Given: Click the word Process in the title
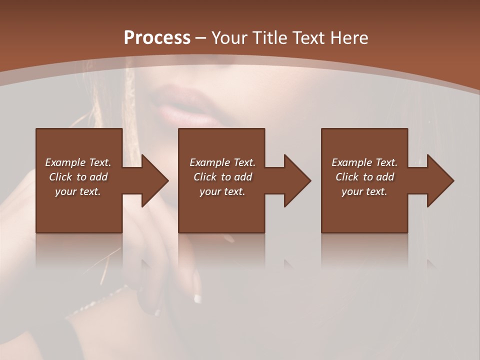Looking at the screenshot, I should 157,37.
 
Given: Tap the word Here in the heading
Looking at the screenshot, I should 348,37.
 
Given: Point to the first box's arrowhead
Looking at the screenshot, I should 155,180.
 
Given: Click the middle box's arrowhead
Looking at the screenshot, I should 298,180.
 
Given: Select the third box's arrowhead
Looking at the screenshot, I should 441,180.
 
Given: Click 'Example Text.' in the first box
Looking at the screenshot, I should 78,162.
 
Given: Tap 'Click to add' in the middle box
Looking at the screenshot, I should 222,177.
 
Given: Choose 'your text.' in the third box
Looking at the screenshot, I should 364,191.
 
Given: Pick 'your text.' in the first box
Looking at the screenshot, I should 78,191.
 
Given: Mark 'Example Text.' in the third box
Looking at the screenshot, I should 364,162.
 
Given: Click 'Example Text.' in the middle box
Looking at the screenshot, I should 222,162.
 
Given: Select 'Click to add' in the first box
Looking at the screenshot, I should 78,177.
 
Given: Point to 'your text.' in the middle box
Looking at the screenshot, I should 222,191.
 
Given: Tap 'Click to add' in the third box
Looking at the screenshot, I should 364,177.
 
